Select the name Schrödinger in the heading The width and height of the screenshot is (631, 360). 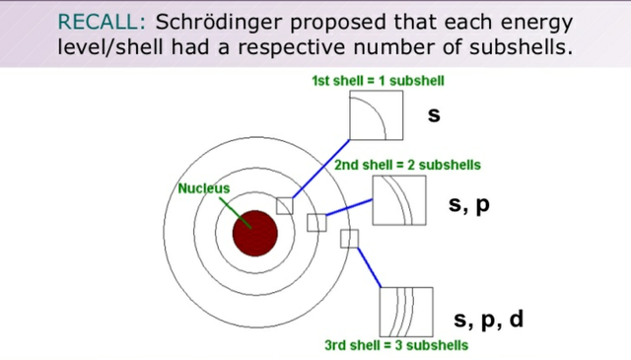click(212, 21)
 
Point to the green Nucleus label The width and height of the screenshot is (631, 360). click(203, 187)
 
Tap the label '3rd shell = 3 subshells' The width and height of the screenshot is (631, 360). click(396, 346)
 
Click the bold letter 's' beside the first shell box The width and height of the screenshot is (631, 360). click(433, 115)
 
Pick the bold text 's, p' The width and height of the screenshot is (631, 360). click(468, 204)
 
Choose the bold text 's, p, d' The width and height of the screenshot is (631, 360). click(488, 320)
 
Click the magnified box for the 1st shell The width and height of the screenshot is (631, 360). click(377, 115)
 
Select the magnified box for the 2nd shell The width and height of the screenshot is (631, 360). click(399, 200)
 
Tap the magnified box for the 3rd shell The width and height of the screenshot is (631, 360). click(406, 311)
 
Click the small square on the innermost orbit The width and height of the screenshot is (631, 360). click(285, 205)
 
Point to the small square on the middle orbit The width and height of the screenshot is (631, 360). click(316, 222)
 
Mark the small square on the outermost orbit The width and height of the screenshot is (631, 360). click(349, 238)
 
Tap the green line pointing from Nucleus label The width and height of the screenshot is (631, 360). click(234, 209)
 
